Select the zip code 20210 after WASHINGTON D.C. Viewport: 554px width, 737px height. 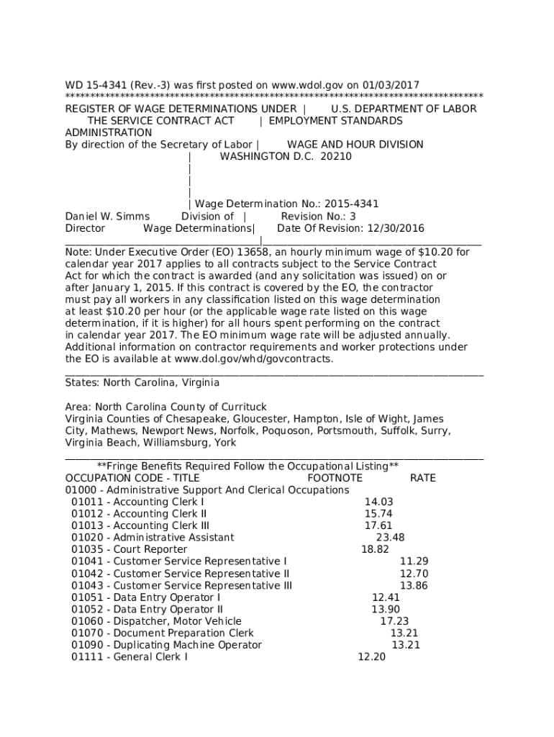click(336, 156)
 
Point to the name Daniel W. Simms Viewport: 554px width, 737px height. click(107, 216)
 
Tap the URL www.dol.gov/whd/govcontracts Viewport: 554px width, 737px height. click(253, 358)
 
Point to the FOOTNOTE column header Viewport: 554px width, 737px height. click(335, 478)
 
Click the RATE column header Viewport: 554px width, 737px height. click(422, 478)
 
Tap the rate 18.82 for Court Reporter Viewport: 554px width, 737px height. click(375, 549)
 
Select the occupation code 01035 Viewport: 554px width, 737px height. click(86, 549)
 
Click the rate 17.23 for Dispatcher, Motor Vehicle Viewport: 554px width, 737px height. click(394, 620)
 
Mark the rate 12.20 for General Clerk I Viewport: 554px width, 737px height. click(371, 656)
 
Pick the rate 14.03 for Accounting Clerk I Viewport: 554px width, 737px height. click(378, 502)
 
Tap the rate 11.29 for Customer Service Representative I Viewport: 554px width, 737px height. click(414, 561)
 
